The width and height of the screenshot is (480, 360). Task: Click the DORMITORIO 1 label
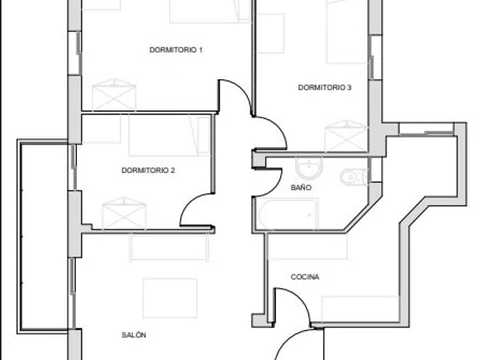point(176,50)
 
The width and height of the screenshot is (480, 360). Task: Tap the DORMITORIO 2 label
point(148,170)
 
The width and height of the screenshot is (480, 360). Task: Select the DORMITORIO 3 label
point(325,87)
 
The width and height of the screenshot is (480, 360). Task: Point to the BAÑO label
point(301,187)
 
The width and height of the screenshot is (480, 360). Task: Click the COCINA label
point(305,277)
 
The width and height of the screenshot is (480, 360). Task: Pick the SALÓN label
point(134,335)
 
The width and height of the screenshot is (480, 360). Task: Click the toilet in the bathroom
point(354,178)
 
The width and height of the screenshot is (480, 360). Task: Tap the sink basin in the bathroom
point(309,168)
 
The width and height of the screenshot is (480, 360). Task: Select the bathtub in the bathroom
point(288,214)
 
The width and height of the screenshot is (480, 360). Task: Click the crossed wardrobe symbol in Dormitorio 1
point(114,94)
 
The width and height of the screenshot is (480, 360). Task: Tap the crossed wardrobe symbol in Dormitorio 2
point(124,214)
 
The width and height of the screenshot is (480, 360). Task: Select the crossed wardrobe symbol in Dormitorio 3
point(346,136)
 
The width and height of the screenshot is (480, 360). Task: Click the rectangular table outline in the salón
point(170,298)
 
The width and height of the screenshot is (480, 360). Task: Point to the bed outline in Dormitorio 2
point(170,135)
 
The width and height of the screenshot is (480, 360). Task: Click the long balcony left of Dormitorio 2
point(43,236)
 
